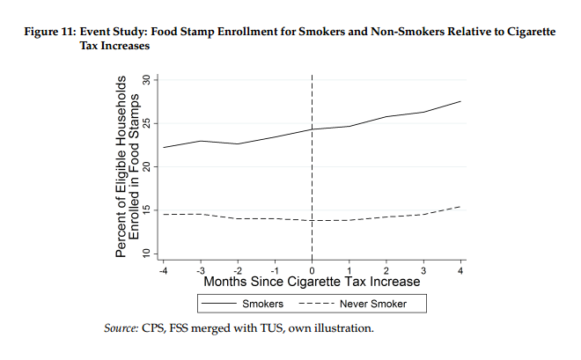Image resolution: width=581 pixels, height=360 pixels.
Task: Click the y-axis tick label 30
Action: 147,80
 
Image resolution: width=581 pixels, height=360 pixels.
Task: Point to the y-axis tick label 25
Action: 147,123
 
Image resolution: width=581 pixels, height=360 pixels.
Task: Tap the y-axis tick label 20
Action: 147,167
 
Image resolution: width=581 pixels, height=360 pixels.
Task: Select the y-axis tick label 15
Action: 147,210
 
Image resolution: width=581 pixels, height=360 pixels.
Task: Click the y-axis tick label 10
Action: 147,253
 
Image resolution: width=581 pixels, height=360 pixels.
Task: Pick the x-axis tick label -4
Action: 163,271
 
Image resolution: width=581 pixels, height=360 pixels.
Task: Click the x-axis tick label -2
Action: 238,271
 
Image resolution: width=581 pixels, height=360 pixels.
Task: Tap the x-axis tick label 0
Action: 312,271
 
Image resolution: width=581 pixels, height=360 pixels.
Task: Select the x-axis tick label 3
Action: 423,271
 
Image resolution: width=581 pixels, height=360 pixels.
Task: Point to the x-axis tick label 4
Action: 460,271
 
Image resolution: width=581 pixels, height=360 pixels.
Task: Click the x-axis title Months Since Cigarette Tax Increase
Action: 312,282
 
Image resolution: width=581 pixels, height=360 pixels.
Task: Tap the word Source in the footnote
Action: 121,328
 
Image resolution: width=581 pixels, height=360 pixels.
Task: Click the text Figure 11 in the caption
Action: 50,32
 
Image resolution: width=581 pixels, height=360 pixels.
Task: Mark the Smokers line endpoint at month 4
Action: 460,101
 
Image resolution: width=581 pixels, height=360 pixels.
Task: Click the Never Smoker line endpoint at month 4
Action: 460,206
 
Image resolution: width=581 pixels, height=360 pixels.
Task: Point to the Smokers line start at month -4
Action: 163,147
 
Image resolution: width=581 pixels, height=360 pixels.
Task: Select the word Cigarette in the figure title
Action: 531,32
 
